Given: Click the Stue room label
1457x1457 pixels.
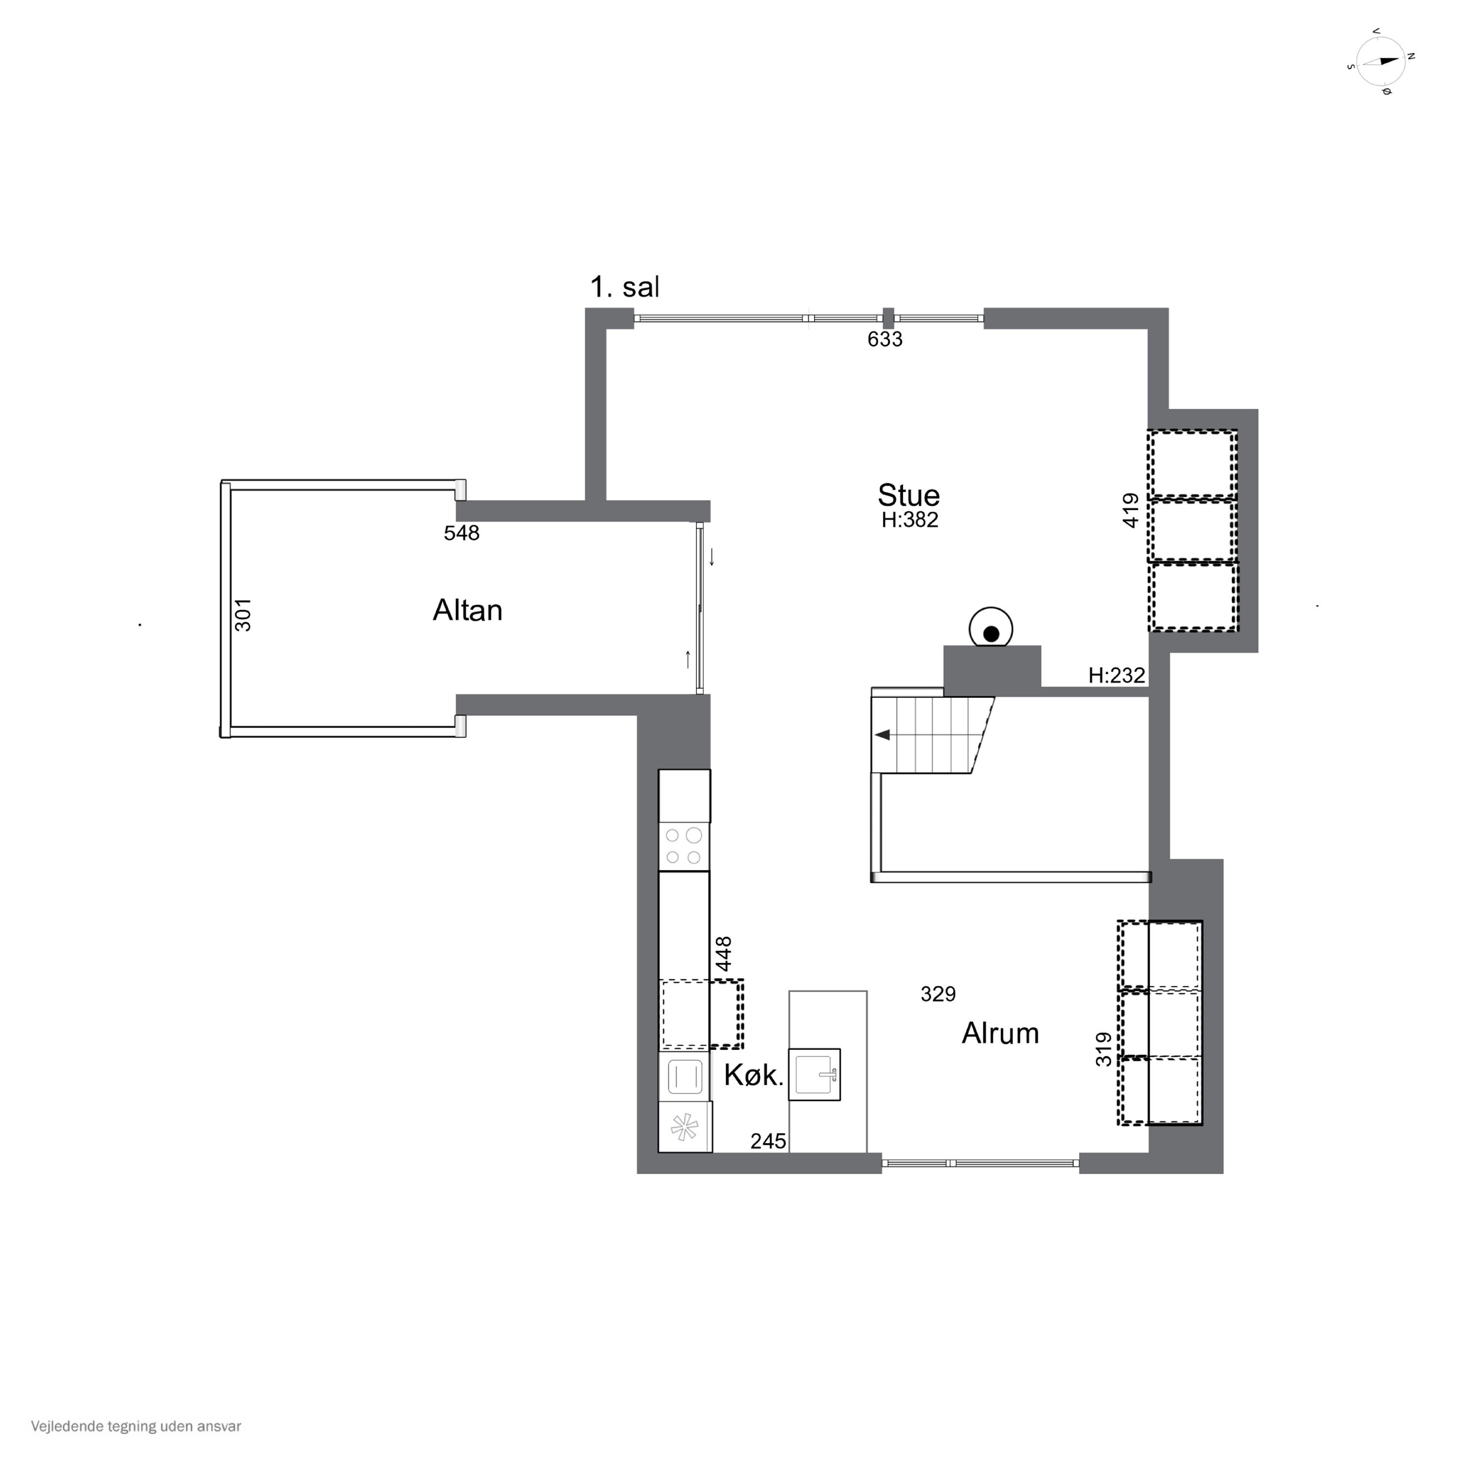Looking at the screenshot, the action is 909,495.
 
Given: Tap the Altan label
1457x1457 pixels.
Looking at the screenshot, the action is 468,610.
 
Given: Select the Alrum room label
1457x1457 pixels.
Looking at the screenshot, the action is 1000,1033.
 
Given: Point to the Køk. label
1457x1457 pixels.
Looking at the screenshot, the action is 754,1075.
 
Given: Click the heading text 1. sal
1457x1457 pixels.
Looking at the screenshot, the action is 625,288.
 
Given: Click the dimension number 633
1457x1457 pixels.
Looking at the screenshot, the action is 884,339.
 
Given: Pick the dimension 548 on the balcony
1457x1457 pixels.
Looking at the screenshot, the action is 461,533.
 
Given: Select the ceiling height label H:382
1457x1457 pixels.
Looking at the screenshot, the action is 910,520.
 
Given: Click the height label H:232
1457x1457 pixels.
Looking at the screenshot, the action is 1117,675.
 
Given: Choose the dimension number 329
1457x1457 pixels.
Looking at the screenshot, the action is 938,994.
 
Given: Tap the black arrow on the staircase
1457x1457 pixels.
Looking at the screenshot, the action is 881,734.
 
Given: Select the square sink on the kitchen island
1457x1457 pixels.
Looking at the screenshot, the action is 814,1075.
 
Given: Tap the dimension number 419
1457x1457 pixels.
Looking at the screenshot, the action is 1131,510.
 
